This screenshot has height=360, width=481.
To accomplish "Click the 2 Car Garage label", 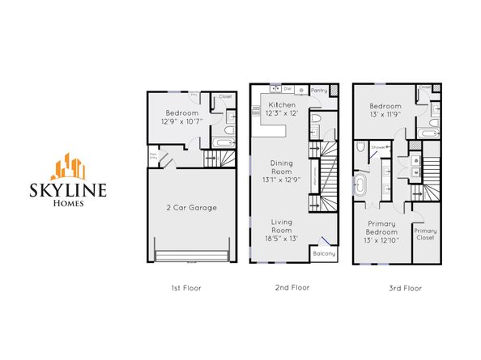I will tap(191, 208).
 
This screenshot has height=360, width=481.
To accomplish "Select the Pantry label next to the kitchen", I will tap(318, 91).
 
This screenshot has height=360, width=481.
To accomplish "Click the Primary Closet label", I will tap(425, 235).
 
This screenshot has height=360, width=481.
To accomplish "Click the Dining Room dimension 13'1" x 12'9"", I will tap(282, 180).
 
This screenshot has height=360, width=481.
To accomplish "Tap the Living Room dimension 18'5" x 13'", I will tap(281, 239).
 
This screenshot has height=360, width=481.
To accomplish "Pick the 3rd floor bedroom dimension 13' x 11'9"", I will tap(385, 114).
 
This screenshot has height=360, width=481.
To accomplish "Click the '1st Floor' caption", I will tap(187, 287).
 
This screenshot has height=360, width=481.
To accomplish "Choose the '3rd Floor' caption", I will tap(402, 287).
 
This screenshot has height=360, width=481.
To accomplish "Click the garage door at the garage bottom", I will tap(191, 256).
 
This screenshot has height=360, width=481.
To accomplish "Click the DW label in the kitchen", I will tap(287, 89).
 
